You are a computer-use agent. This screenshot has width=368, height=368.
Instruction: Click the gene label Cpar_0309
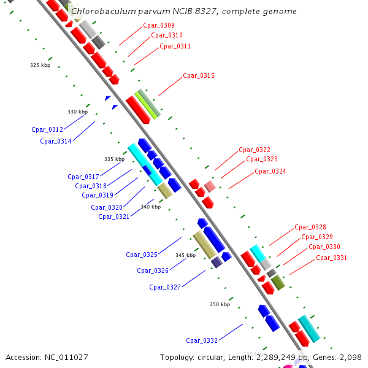click(x=158, y=25)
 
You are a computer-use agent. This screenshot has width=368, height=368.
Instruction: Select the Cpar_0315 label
click(x=199, y=76)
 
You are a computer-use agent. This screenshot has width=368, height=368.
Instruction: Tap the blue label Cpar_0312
click(x=47, y=129)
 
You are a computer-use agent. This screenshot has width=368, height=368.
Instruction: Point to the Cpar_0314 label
click(x=56, y=141)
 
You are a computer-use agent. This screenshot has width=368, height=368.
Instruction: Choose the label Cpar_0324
click(x=270, y=171)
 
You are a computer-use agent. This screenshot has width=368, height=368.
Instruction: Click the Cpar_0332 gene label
click(x=202, y=340)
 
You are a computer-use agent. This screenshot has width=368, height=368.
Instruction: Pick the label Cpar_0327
click(x=165, y=286)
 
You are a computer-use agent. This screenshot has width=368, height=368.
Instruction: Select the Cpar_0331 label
click(x=331, y=258)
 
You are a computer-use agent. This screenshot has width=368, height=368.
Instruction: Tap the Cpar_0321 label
click(x=114, y=217)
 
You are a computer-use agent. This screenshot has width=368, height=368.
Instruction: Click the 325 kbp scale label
click(x=40, y=64)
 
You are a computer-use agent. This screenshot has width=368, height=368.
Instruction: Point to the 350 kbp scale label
click(x=220, y=304)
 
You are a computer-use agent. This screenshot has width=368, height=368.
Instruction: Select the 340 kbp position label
click(x=150, y=207)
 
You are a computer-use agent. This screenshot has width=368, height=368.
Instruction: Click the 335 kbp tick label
click(x=114, y=159)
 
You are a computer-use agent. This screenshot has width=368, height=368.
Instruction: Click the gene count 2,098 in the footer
click(x=350, y=357)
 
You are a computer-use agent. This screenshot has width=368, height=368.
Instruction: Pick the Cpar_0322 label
click(x=255, y=150)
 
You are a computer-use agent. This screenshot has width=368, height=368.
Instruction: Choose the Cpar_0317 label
click(x=83, y=177)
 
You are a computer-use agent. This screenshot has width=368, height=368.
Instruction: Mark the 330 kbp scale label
click(x=77, y=112)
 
